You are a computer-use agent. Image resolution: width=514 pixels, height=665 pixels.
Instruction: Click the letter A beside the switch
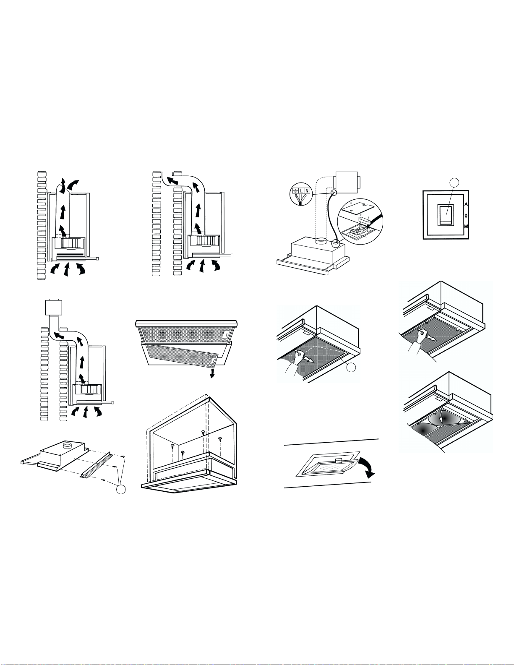point(466,204)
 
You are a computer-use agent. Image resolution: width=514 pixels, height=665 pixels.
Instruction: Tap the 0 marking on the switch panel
point(466,216)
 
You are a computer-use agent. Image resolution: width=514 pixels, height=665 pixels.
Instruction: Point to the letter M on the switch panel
point(466,227)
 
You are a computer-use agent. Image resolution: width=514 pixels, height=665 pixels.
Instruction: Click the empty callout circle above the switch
point(455,183)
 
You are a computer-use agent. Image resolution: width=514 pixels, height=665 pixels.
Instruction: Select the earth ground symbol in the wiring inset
point(295,191)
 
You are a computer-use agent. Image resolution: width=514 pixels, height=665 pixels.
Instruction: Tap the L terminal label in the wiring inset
point(301,190)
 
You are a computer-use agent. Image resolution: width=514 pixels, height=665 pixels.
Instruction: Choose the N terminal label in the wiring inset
point(307,190)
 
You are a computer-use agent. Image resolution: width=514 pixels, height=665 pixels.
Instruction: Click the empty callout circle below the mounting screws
point(121,489)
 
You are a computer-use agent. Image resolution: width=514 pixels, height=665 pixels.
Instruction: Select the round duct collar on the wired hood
point(322,242)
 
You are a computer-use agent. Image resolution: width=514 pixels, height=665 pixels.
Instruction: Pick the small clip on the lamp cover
point(338,461)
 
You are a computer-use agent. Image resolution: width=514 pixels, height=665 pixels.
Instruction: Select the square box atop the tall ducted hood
point(54,307)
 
